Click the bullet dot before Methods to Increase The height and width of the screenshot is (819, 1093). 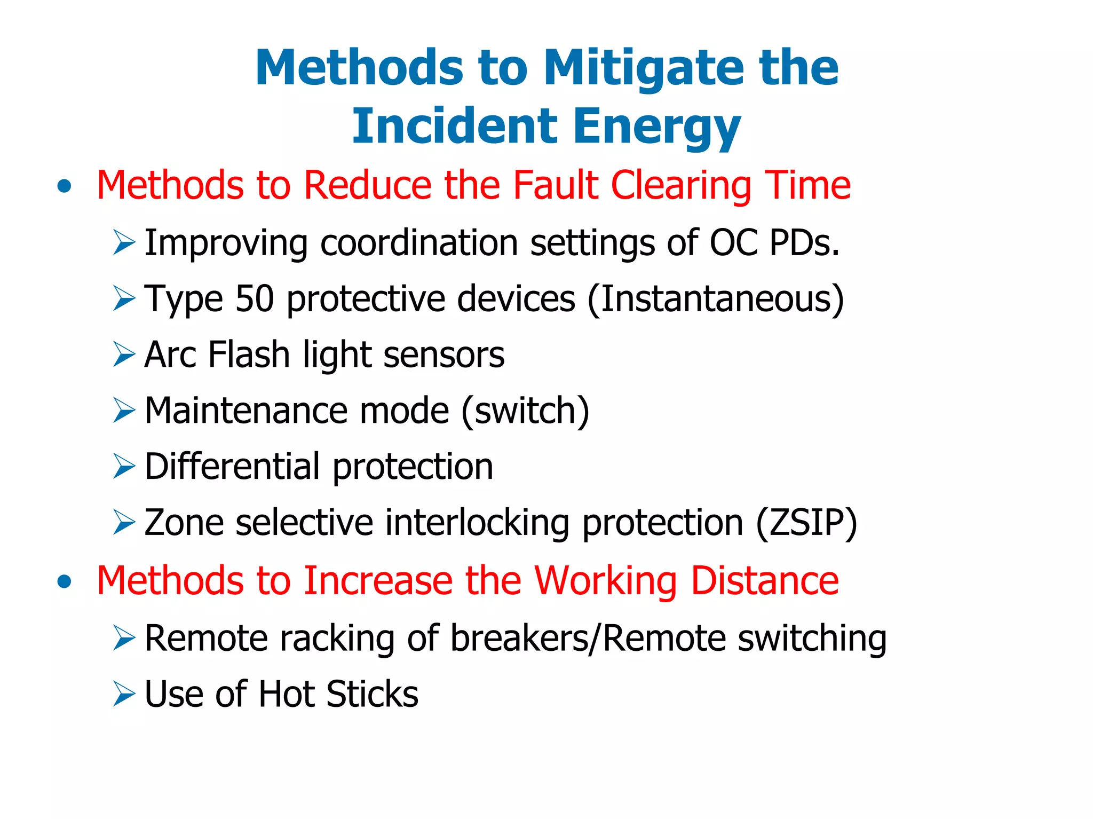65,582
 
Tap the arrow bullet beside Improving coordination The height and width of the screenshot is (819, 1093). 124,243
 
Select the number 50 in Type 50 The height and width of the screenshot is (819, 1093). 255,298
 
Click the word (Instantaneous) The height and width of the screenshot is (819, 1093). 715,299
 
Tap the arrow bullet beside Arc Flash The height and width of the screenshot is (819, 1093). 124,355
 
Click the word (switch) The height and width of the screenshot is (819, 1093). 525,411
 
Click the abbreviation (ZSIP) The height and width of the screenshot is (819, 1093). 806,523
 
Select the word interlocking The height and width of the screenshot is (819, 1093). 477,523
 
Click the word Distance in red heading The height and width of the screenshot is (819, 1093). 765,581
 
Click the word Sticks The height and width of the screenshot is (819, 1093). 372,694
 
